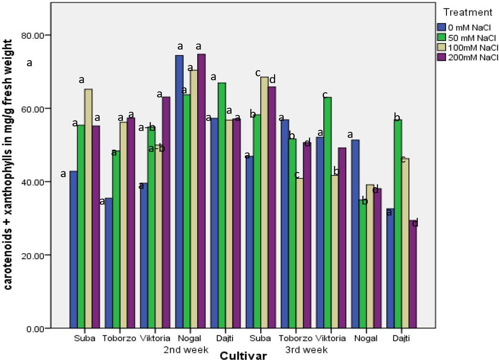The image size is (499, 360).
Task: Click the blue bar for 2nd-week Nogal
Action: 180,191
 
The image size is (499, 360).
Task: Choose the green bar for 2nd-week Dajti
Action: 222,205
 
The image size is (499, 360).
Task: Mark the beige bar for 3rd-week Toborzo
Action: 299,253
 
